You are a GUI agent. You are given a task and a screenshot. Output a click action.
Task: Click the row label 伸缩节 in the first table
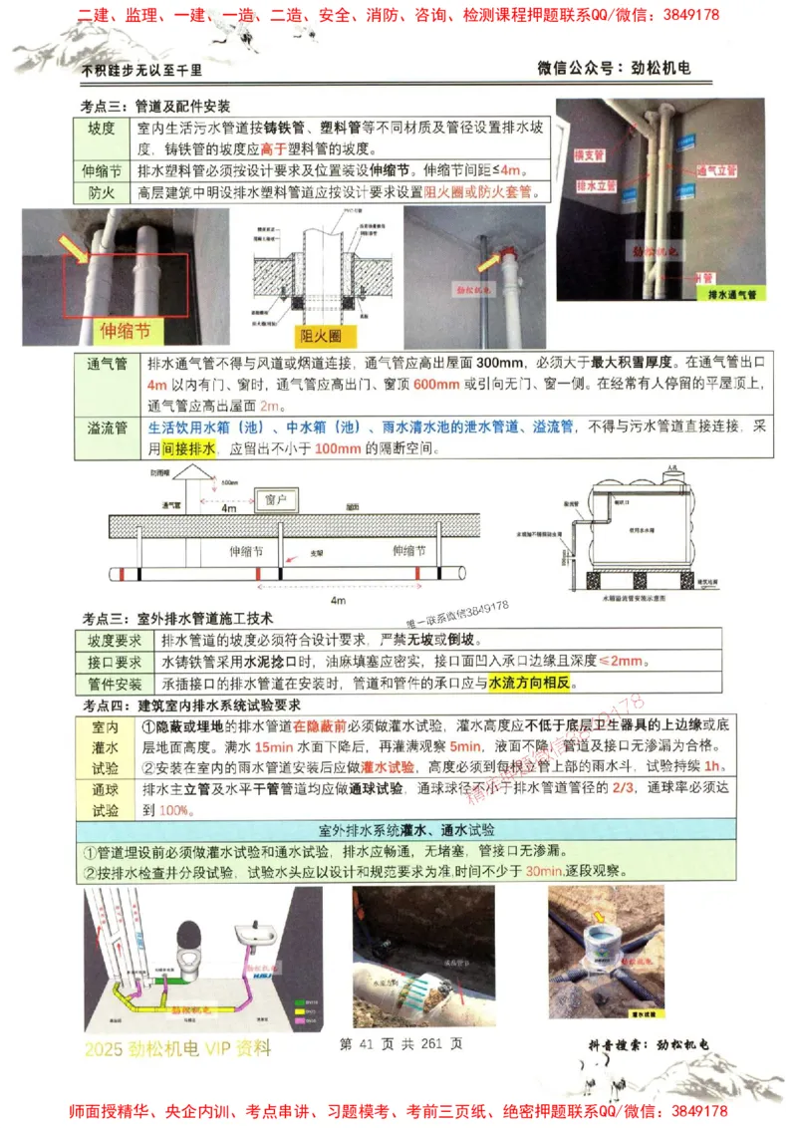click(104, 169)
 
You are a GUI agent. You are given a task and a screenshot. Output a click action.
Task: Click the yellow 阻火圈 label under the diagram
click(320, 336)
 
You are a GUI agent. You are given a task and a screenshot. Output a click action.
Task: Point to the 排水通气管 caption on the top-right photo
click(732, 295)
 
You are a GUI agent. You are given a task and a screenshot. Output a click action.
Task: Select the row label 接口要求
click(115, 662)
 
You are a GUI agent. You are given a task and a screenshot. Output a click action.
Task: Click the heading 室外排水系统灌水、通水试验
click(406, 830)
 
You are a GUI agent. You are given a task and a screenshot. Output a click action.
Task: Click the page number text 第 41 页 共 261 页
click(400, 1043)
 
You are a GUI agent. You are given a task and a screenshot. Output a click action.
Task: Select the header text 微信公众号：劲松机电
click(614, 68)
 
